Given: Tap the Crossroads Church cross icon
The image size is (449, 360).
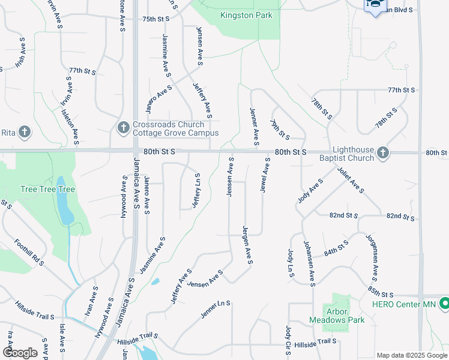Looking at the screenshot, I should pyautogui.click(x=122, y=127).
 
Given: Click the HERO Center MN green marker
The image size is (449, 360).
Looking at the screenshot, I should pyautogui.click(x=444, y=304).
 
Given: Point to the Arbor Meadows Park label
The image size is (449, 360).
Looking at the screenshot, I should pyautogui.click(x=345, y=316).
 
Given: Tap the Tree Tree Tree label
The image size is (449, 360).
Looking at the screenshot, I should pyautogui.click(x=47, y=189).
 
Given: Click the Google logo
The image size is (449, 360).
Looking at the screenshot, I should pyautogui.click(x=20, y=353).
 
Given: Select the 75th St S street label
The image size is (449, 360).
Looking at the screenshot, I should pyautogui.click(x=156, y=19).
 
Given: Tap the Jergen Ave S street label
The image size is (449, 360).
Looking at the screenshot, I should pyautogui.click(x=247, y=245).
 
